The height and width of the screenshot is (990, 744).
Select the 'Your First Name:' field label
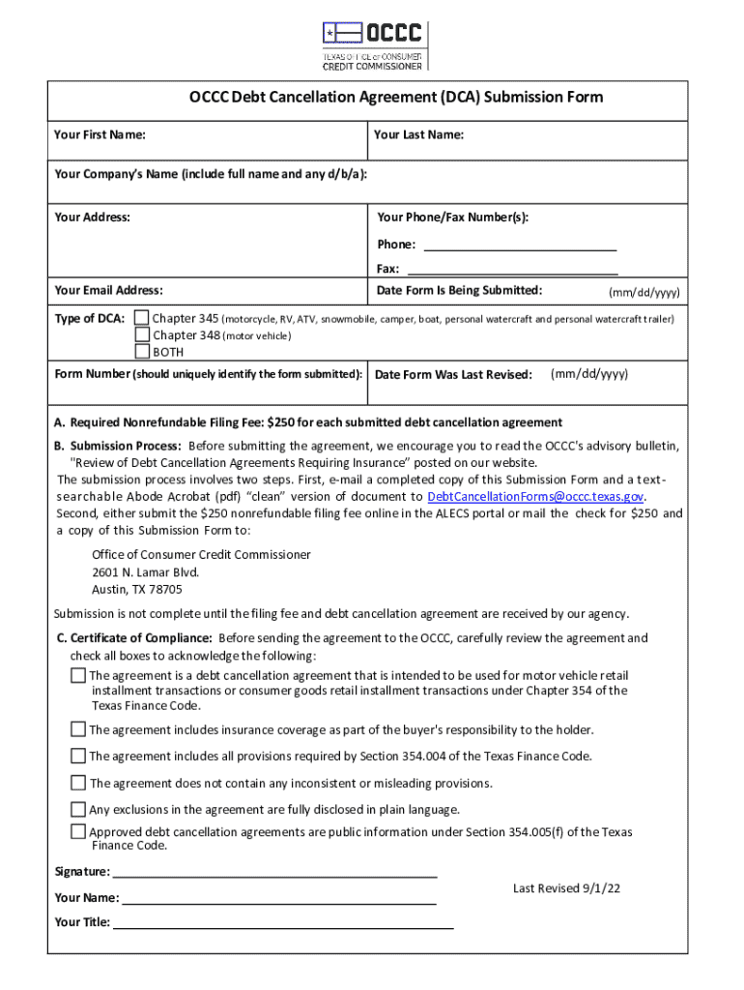[100, 134]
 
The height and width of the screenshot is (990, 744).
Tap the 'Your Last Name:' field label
[418, 134]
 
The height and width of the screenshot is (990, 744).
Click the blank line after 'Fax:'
[512, 270]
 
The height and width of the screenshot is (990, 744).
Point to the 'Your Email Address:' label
[108, 290]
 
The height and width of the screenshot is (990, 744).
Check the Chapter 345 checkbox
[142, 318]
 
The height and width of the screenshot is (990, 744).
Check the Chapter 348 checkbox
[142, 335]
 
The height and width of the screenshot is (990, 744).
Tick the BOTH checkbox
[142, 352]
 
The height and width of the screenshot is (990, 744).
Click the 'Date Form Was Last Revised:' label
[453, 375]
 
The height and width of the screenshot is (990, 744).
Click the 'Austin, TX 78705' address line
[136, 589]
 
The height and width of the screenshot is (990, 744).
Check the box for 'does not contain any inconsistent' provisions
[77, 782]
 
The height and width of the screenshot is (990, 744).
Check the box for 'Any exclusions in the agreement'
[77, 809]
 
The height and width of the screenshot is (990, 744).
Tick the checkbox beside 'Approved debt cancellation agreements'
[77, 831]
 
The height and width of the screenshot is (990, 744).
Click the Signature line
[275, 872]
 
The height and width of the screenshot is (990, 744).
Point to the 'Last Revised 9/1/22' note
[566, 888]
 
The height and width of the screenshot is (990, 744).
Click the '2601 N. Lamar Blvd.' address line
[145, 572]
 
